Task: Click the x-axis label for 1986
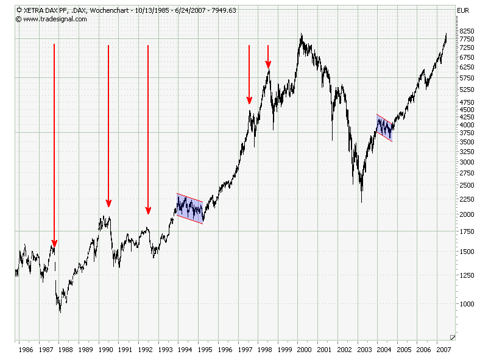pos(25,350)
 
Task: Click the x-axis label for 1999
pos(284,350)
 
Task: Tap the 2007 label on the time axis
pos(443,350)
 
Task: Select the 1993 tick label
pos(165,350)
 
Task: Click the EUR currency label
pos(463,10)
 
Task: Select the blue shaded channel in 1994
pos(189,208)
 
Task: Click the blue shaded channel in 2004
pos(384,127)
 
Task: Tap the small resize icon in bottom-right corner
pos(452,337)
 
